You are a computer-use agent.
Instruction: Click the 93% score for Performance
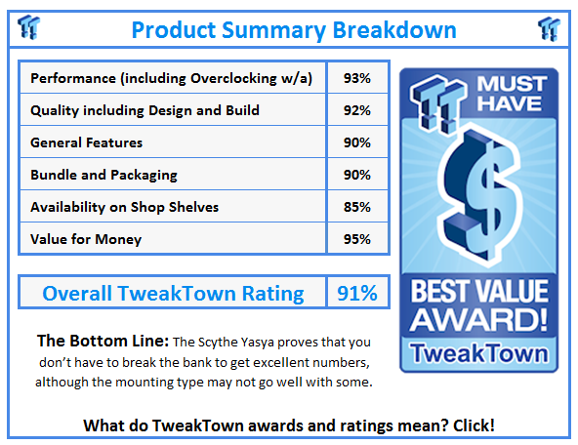(357, 78)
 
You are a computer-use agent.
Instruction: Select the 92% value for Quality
(357, 110)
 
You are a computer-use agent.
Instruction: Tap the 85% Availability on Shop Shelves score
(357, 207)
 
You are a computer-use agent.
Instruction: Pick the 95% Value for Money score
(357, 239)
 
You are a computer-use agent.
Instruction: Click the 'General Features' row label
(86, 142)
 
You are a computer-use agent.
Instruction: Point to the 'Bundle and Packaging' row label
(103, 175)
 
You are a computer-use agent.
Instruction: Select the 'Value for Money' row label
(86, 239)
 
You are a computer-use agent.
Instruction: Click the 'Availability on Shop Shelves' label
(124, 207)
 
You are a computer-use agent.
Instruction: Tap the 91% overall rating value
(356, 293)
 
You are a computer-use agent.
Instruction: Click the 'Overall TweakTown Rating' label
(173, 293)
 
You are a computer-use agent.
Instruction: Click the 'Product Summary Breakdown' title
(293, 28)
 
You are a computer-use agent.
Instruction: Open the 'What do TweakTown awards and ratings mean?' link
(289, 425)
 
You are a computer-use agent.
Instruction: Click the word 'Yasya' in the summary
(259, 343)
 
